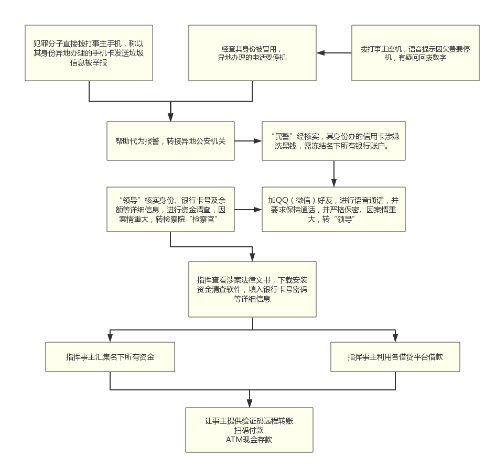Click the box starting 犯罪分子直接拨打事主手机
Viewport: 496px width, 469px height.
[x=89, y=53]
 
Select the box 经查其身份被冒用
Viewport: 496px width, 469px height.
[x=252, y=53]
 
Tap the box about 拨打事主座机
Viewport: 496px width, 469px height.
[x=415, y=53]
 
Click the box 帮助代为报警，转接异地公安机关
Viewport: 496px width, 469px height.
[x=170, y=141]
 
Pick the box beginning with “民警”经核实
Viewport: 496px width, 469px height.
[x=333, y=141]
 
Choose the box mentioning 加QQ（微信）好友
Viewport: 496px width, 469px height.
[x=333, y=210]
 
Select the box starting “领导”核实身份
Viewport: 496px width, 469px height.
[x=170, y=210]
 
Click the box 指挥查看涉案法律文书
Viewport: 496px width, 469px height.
[x=252, y=289]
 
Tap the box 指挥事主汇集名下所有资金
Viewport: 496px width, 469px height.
[x=110, y=357]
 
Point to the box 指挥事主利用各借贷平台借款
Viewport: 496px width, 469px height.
[x=395, y=357]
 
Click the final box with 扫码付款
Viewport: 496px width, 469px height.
[x=249, y=430]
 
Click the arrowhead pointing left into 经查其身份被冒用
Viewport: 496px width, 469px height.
[x=320, y=53]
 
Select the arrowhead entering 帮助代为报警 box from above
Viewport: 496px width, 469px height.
[x=170, y=117]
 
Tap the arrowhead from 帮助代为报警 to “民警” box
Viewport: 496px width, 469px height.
[x=258, y=141]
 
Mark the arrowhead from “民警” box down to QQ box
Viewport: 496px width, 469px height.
[x=333, y=183]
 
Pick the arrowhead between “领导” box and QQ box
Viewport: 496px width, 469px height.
[x=258, y=210]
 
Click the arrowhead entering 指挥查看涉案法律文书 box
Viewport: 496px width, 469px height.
[x=252, y=257]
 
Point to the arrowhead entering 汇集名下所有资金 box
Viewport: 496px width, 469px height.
[x=110, y=338]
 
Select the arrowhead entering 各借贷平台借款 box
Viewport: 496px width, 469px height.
[x=395, y=338]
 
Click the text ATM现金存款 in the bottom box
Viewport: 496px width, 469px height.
[x=249, y=440]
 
